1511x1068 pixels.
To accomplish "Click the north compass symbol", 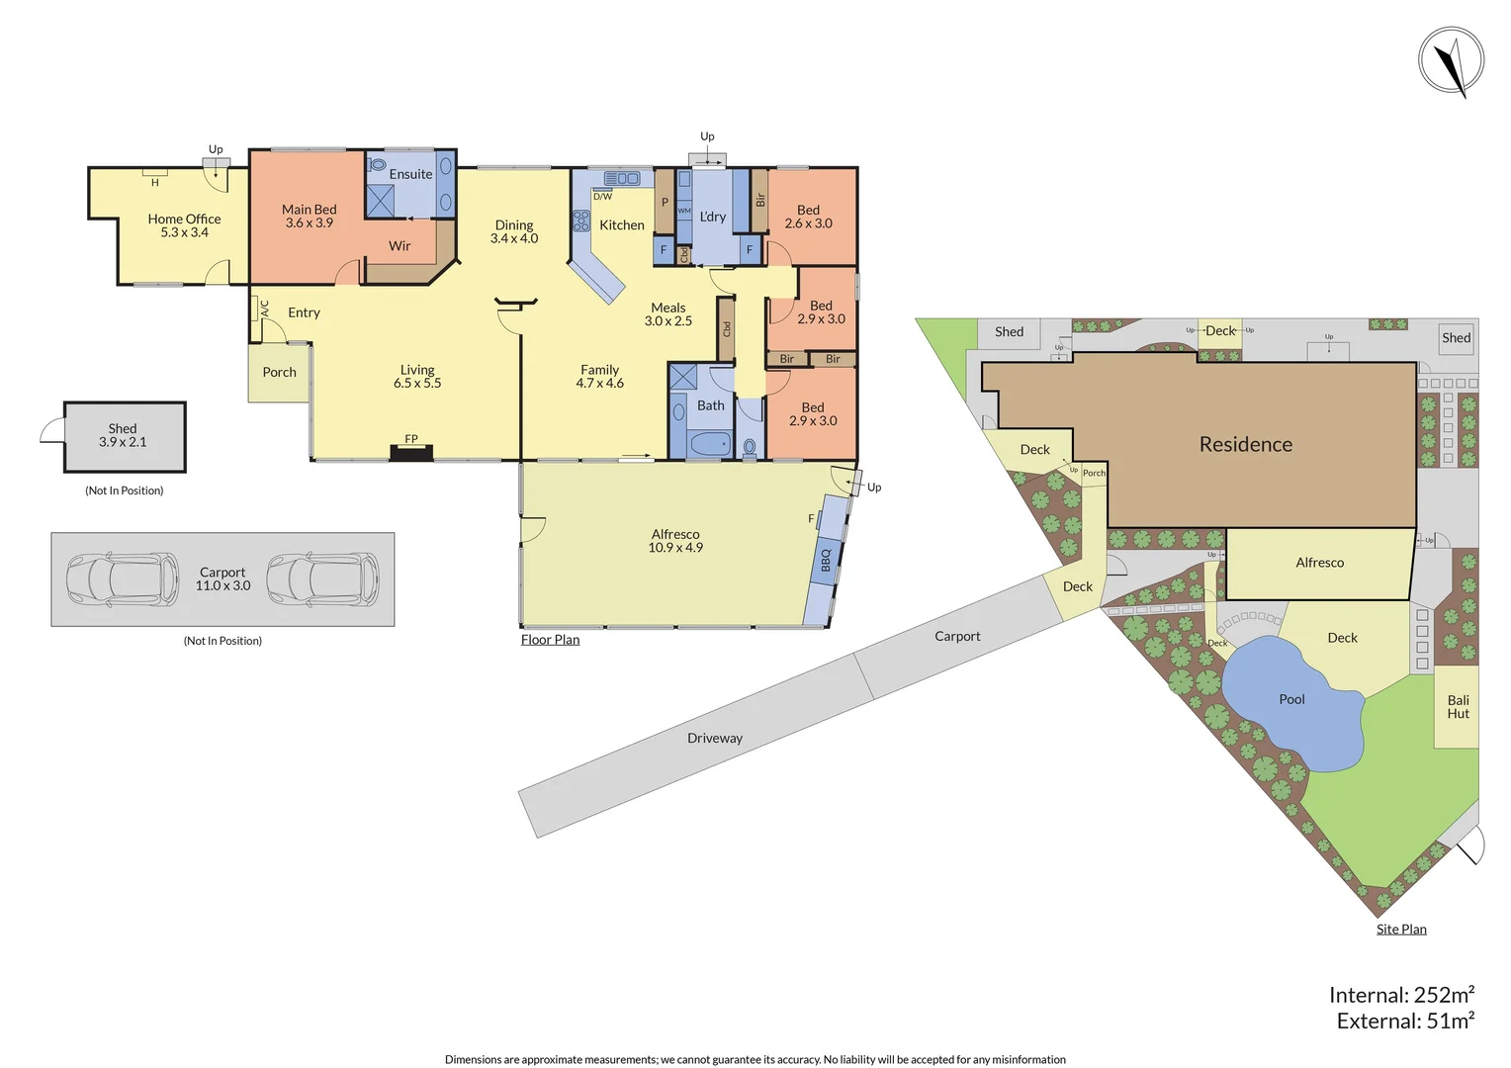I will pyautogui.click(x=1451, y=62).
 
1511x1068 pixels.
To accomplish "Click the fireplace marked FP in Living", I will pyautogui.click(x=411, y=452).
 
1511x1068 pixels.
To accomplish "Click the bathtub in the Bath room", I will pyautogui.click(x=709, y=444).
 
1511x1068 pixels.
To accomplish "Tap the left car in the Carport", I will pyautogui.click(x=122, y=578).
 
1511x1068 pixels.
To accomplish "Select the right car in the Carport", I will pyautogui.click(x=322, y=578).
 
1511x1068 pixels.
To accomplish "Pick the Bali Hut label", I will pyautogui.click(x=1458, y=707).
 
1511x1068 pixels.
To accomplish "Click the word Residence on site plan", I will pyautogui.click(x=1245, y=445).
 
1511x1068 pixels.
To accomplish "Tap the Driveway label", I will pyautogui.click(x=714, y=739).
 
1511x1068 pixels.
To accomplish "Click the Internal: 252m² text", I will pyautogui.click(x=1401, y=995).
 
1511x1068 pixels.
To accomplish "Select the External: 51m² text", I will pyautogui.click(x=1405, y=1022).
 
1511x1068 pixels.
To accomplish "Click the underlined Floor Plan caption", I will pyautogui.click(x=550, y=640).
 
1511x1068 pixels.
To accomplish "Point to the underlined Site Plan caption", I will pyautogui.click(x=1401, y=930).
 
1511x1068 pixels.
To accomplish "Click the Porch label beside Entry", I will pyautogui.click(x=279, y=373).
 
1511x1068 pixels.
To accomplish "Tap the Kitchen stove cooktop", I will pyautogui.click(x=580, y=221).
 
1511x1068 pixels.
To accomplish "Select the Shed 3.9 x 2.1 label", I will pyautogui.click(x=123, y=435).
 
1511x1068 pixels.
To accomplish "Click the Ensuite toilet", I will pyautogui.click(x=377, y=165).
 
